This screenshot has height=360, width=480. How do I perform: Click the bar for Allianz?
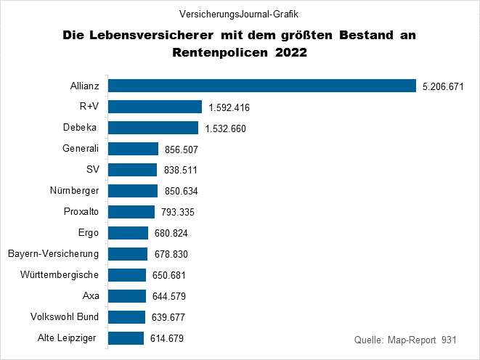(261, 86)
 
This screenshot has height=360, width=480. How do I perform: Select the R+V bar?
(155, 107)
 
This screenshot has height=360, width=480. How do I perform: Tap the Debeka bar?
(153, 128)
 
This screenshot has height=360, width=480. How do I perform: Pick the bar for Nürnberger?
(133, 191)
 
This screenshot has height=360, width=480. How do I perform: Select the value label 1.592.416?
(229, 107)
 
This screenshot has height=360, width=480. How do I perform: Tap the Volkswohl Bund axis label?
(65, 317)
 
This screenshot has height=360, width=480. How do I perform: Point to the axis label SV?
(92, 170)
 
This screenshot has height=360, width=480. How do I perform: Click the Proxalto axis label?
(81, 212)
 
